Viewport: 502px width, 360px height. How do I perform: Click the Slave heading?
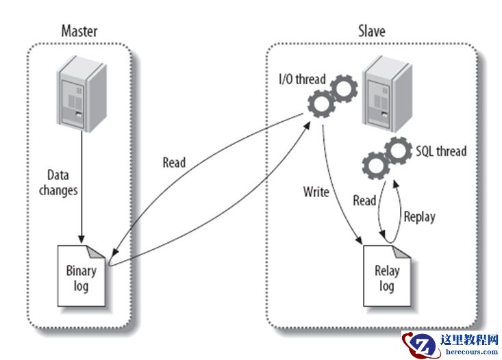click(x=371, y=31)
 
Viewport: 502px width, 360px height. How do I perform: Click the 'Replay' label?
click(x=418, y=217)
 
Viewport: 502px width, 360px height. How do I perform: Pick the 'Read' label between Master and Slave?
click(x=174, y=163)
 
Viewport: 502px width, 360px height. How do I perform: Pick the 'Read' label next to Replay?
click(x=364, y=201)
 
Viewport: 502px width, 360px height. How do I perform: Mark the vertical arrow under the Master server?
click(x=82, y=185)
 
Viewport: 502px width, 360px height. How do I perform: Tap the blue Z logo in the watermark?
click(x=418, y=343)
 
